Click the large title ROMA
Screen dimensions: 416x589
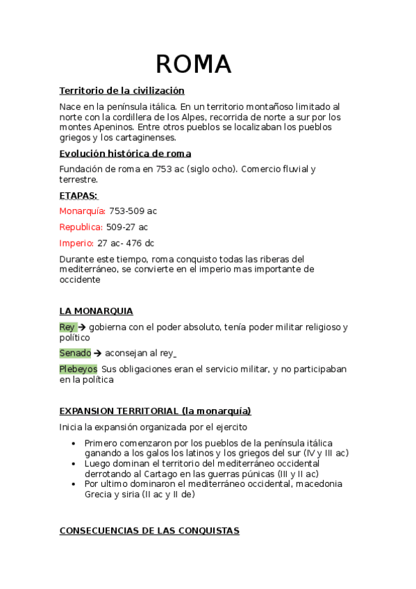pos(193,64)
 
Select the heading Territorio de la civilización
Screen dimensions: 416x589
pos(122,91)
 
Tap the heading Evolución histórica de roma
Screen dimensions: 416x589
pos(125,154)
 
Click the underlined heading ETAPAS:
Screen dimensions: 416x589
pos(78,196)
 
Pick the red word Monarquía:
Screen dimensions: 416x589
pos(83,211)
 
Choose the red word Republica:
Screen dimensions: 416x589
pos(81,227)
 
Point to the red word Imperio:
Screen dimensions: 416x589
pos(76,243)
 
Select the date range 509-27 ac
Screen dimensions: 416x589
pos(127,227)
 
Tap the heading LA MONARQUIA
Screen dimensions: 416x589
pos(96,311)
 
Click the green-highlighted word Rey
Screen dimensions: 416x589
pos(67,326)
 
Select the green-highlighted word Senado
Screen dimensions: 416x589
pos(75,353)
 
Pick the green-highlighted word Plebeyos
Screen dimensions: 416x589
pos(78,369)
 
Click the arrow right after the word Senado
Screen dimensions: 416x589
pos(98,353)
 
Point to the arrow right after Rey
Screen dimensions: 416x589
pos(82,326)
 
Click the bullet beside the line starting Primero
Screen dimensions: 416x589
pos(74,443)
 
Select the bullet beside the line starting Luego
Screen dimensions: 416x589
pos(74,463)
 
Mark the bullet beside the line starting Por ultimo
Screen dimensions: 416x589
pos(74,484)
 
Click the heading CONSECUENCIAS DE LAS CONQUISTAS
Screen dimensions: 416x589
pos(149,531)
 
